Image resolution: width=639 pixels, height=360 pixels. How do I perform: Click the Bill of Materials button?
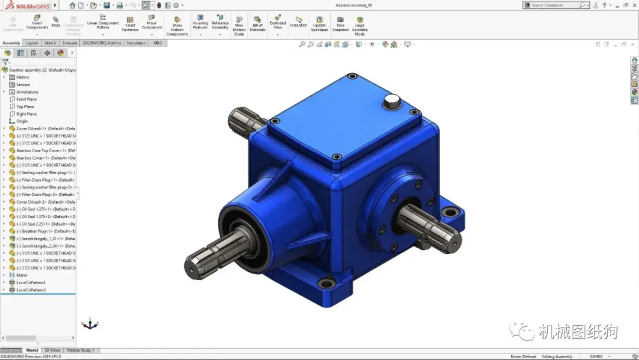[257, 24]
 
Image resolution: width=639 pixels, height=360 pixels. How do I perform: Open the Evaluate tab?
[70, 43]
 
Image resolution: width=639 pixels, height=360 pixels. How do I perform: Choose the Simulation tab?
[135, 43]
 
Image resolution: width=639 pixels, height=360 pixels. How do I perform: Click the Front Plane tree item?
[26, 99]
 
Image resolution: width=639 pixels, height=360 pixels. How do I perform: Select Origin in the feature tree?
[22, 121]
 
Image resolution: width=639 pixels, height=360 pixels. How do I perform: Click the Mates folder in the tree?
[22, 275]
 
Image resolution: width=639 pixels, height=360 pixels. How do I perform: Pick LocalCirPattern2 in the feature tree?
[31, 290]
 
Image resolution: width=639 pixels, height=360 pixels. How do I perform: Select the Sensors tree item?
[23, 85]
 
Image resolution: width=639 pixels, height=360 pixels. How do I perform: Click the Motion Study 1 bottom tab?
[80, 351]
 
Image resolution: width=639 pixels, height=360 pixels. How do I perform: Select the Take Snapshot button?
[340, 24]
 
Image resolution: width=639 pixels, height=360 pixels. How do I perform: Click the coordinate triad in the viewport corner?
[89, 324]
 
